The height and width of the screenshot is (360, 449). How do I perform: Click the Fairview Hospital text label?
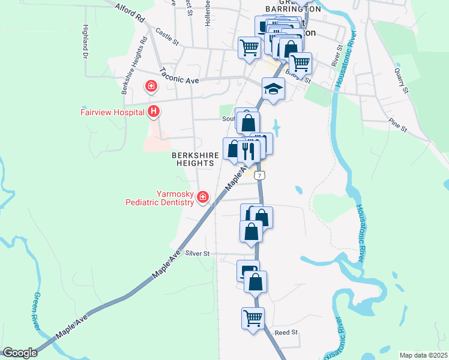click(x=113, y=112)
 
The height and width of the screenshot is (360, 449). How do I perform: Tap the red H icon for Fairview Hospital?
click(x=154, y=112)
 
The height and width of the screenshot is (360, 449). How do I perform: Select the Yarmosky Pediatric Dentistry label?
click(x=160, y=198)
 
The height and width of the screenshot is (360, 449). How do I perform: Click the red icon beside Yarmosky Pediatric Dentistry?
click(x=203, y=197)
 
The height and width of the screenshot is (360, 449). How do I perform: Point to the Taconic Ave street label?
click(x=179, y=74)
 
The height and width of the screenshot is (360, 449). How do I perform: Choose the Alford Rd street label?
click(x=130, y=12)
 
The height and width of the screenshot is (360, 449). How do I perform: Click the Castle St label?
click(x=167, y=37)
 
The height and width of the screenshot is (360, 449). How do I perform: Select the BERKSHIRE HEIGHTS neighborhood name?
click(x=195, y=158)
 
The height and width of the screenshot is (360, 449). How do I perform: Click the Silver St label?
click(x=197, y=254)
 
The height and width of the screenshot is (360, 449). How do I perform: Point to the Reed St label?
click(x=286, y=332)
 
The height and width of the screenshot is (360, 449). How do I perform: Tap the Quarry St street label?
click(x=401, y=80)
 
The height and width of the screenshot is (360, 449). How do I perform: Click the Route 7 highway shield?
click(x=259, y=175)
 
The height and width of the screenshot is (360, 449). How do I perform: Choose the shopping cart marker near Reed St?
click(x=253, y=317)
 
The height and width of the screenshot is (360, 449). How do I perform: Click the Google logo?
click(x=20, y=353)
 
